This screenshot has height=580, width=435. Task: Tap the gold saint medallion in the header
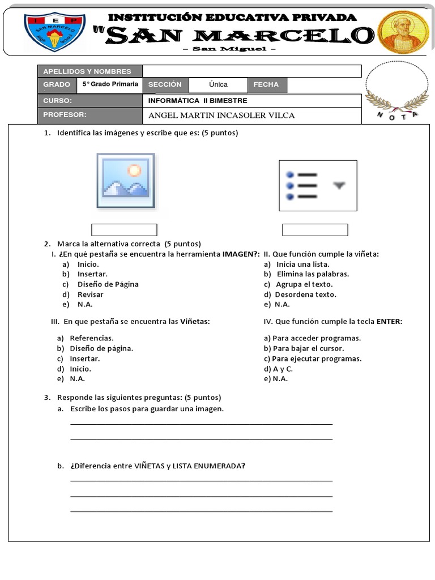click(403, 32)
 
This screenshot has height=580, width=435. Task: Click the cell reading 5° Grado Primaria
click(110, 84)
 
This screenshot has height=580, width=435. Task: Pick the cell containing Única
click(218, 85)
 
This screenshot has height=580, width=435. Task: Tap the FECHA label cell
click(267, 85)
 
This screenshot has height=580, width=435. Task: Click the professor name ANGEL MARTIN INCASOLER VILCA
click(221, 116)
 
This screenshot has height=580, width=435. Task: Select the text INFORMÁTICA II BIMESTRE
click(198, 101)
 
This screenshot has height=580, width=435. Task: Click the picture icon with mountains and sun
click(125, 181)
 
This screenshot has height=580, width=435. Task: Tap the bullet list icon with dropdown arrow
click(317, 186)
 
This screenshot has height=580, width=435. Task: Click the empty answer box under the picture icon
click(124, 230)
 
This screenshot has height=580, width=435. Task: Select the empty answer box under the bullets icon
click(315, 230)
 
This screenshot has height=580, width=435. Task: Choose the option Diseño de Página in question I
click(108, 284)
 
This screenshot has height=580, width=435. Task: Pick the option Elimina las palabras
click(313, 274)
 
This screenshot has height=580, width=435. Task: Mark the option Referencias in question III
click(91, 338)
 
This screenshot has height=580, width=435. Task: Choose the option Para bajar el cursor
click(308, 348)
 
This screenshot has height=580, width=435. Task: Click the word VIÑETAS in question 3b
click(149, 466)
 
